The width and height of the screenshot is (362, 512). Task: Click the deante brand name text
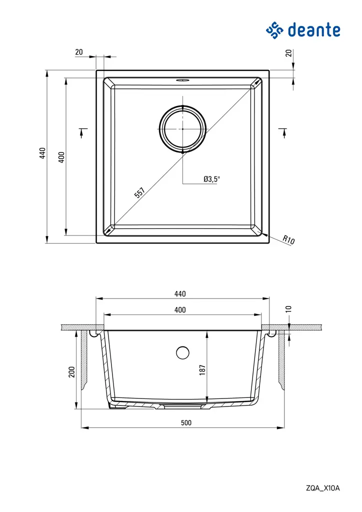coord(314,30)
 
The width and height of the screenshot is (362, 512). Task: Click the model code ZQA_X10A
coord(323,488)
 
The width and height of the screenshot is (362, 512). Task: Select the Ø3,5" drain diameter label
coord(211,178)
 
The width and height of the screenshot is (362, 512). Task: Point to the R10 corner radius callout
coord(288,240)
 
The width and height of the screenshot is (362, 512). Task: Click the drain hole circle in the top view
coord(182,128)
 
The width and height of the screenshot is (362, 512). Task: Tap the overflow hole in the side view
coord(182,352)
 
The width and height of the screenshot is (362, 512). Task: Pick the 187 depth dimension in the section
coord(202,368)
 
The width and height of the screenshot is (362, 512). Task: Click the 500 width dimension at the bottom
coord(186,422)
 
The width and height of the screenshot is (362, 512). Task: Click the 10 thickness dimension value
coord(288,309)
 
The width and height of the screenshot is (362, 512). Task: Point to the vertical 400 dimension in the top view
coord(61,157)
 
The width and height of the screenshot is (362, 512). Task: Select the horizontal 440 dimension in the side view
coord(180,293)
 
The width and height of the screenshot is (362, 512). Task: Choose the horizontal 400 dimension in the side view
coord(180,310)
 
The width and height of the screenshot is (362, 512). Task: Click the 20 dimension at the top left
coord(79,51)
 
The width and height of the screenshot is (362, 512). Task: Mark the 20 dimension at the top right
coord(288,52)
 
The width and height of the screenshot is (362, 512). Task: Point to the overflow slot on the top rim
coord(182,79)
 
